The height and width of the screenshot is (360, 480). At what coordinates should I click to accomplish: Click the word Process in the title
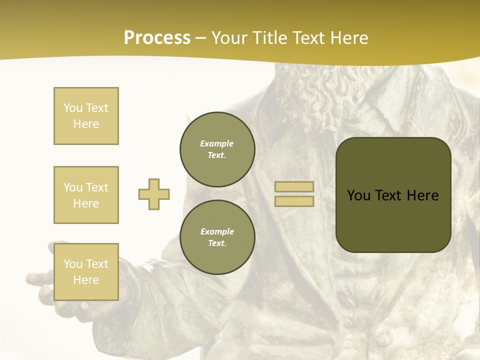click(157, 38)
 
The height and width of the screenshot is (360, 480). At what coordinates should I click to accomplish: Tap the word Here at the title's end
click(345, 38)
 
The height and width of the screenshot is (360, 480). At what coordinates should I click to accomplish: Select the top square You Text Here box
click(86, 116)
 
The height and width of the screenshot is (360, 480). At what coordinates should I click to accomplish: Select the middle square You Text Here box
click(86, 195)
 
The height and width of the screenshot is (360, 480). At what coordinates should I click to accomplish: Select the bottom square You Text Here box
click(86, 272)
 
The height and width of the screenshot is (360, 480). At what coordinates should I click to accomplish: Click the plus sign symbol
click(154, 194)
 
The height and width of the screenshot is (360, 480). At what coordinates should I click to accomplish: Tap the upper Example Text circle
click(217, 149)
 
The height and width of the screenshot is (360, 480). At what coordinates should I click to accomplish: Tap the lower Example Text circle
click(217, 237)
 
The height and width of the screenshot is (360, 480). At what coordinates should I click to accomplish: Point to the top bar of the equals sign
click(294, 187)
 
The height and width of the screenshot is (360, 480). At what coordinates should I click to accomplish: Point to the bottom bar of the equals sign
click(294, 201)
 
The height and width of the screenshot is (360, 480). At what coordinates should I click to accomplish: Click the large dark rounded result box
click(393, 220)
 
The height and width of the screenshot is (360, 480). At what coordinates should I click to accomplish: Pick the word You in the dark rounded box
click(358, 195)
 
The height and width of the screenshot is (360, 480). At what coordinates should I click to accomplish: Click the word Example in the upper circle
click(217, 143)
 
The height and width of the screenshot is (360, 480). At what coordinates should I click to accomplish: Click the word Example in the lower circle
click(217, 231)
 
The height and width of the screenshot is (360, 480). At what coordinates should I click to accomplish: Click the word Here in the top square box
click(86, 124)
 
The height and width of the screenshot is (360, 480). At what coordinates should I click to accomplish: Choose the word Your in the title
click(230, 38)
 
